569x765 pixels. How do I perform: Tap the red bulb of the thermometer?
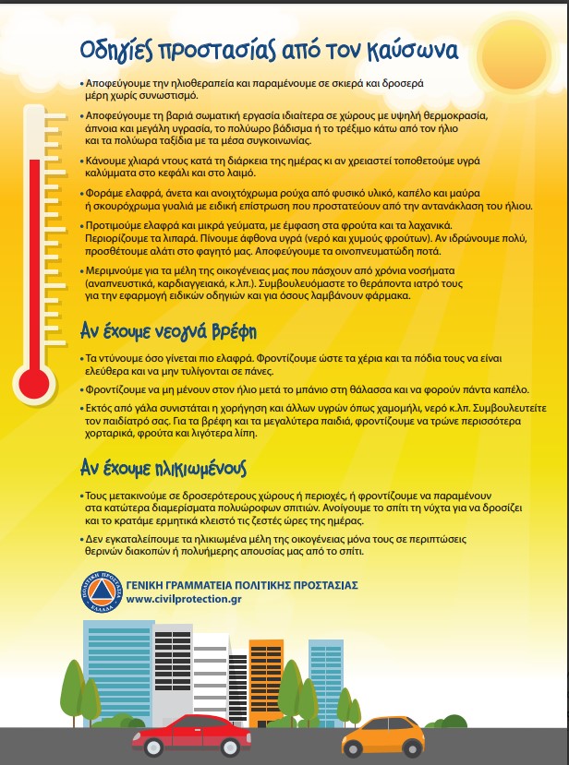pyautogui.click(x=36, y=379)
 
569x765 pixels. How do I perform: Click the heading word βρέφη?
pyautogui.click(x=226, y=330)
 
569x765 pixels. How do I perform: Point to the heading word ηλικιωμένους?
pyautogui.click(x=188, y=468)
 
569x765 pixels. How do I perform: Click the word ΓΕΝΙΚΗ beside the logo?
pyautogui.click(x=149, y=586)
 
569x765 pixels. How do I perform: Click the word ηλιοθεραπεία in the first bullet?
pyautogui.click(x=189, y=83)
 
